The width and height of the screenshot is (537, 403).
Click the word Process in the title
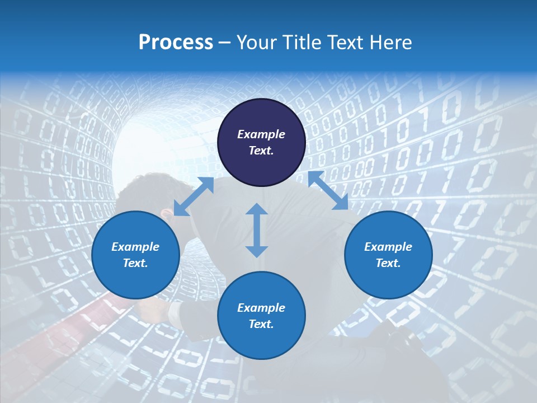(x=176, y=43)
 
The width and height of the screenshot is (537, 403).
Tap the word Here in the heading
(x=388, y=43)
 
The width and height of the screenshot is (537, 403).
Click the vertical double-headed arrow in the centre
(x=257, y=230)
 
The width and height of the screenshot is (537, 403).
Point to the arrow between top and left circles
(x=194, y=196)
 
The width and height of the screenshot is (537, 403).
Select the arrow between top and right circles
(x=328, y=190)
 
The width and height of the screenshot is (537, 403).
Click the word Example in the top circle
(x=261, y=134)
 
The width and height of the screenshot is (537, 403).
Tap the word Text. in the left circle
(x=135, y=263)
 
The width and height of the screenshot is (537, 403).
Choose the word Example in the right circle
(x=388, y=247)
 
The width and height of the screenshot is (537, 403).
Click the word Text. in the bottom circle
(x=261, y=324)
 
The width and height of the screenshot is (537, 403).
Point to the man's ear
(x=166, y=214)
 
